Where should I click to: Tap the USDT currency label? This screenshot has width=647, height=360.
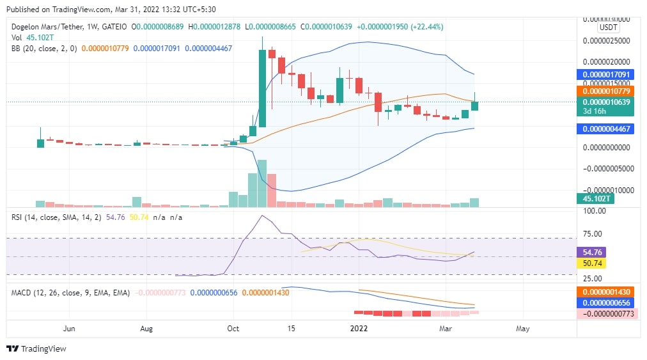(x=607, y=27)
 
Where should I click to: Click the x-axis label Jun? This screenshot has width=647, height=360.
(x=70, y=329)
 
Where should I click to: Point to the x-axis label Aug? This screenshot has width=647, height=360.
(x=146, y=329)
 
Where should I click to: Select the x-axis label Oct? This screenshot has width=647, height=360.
(x=233, y=329)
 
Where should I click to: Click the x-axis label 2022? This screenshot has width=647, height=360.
(x=359, y=329)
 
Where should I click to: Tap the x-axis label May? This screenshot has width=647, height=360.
(x=522, y=329)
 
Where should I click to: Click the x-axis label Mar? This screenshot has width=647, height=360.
(x=446, y=329)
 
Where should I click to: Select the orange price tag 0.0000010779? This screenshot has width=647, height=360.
(x=607, y=91)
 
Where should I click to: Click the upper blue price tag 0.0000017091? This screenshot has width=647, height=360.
(x=607, y=75)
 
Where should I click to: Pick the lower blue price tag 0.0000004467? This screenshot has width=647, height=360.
(x=607, y=129)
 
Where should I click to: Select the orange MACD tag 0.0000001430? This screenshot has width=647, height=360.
(x=607, y=292)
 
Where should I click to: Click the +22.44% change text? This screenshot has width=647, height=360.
(x=427, y=27)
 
